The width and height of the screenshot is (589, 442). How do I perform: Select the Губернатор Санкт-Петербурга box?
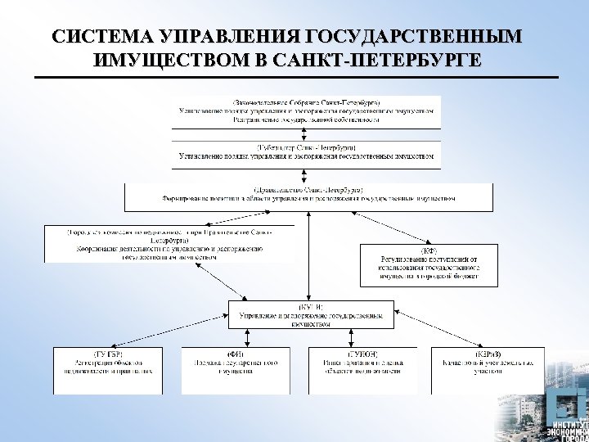pyautogui.click(x=306, y=151)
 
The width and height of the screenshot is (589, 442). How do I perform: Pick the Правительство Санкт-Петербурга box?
pyautogui.click(x=308, y=196)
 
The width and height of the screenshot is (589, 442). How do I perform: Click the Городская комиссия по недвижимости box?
pyautogui.click(x=170, y=244)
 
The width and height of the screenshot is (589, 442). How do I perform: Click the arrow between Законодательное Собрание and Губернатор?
pyautogui.click(x=306, y=134)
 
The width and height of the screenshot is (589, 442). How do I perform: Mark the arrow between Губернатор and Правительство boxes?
pyautogui.click(x=306, y=174)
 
